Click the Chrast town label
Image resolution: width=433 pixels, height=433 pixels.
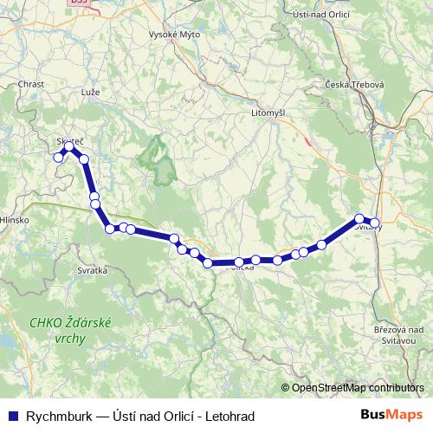coord(30,84)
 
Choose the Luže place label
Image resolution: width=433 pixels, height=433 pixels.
coord(90,91)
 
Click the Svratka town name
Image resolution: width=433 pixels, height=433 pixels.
coord(94,270)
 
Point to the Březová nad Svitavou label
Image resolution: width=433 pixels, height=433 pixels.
coord(394,335)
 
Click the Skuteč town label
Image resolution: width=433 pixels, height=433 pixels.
coord(68,140)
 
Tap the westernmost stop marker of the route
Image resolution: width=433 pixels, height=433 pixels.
coord(58,158)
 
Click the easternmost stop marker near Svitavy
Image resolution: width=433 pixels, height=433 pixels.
coord(375,222)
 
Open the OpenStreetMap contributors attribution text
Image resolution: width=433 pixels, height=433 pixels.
coord(357,388)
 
